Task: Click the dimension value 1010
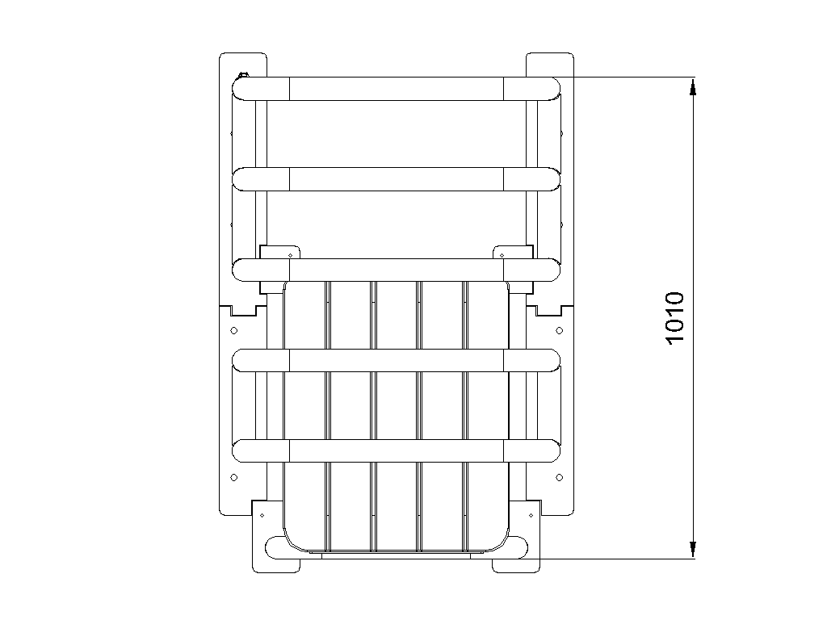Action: tap(674, 318)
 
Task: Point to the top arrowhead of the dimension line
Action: tap(693, 86)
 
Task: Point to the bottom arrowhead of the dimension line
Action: tap(693, 549)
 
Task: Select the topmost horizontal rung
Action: tap(396, 89)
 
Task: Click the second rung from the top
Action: tap(396, 179)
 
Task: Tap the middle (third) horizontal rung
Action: tap(396, 270)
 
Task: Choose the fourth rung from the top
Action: tap(396, 361)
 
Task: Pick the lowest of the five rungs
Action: tap(396, 451)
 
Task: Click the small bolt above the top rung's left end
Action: tap(243, 75)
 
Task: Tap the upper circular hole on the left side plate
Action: tap(234, 330)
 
